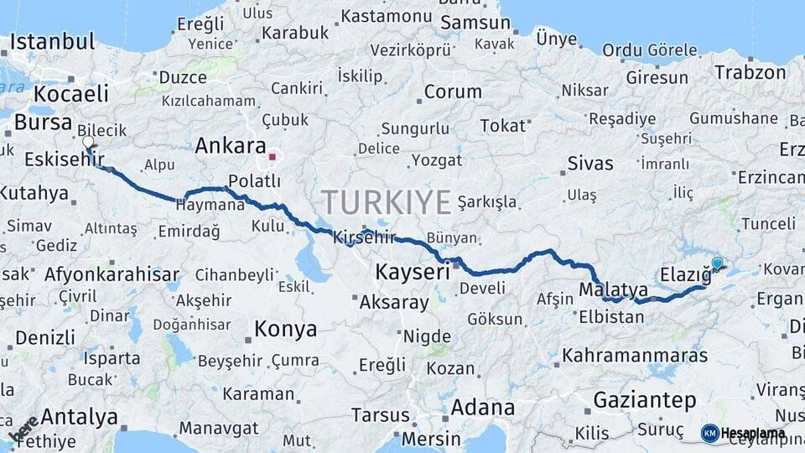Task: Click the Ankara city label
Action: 230,145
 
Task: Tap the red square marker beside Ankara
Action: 272,156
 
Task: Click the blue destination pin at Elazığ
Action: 717,263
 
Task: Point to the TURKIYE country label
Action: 387,202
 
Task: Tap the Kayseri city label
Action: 412,272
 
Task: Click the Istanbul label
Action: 52,42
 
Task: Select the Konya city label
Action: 285,329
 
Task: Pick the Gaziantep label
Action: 645,400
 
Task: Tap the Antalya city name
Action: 79,416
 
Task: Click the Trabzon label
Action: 750,72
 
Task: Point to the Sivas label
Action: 589,163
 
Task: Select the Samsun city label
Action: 475,23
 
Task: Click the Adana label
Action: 482,408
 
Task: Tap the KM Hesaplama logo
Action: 744,433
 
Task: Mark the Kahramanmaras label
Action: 635,355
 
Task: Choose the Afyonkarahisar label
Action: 112,274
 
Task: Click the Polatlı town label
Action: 254,181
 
